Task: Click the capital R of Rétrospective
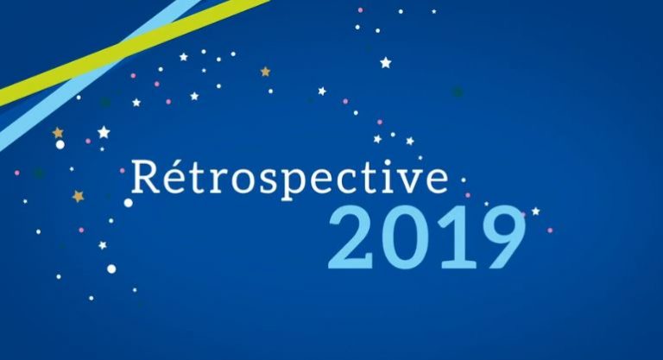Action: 147,176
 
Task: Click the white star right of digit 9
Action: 536,212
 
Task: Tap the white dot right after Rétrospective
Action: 464,180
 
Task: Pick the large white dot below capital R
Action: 128,203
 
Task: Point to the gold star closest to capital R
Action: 78,196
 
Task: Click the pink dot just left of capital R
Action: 123,171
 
